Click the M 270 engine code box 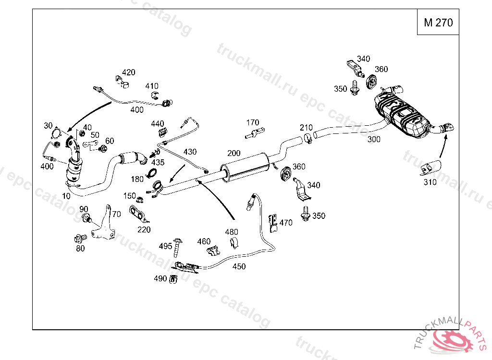(438, 23)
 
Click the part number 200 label (234, 153)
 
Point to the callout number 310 (430, 182)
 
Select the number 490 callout (160, 278)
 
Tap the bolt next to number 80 (79, 238)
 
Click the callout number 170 (253, 122)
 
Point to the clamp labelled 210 (307, 140)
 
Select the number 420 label (128, 72)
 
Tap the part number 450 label (239, 266)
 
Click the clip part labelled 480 (233, 242)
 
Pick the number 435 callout (158, 162)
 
